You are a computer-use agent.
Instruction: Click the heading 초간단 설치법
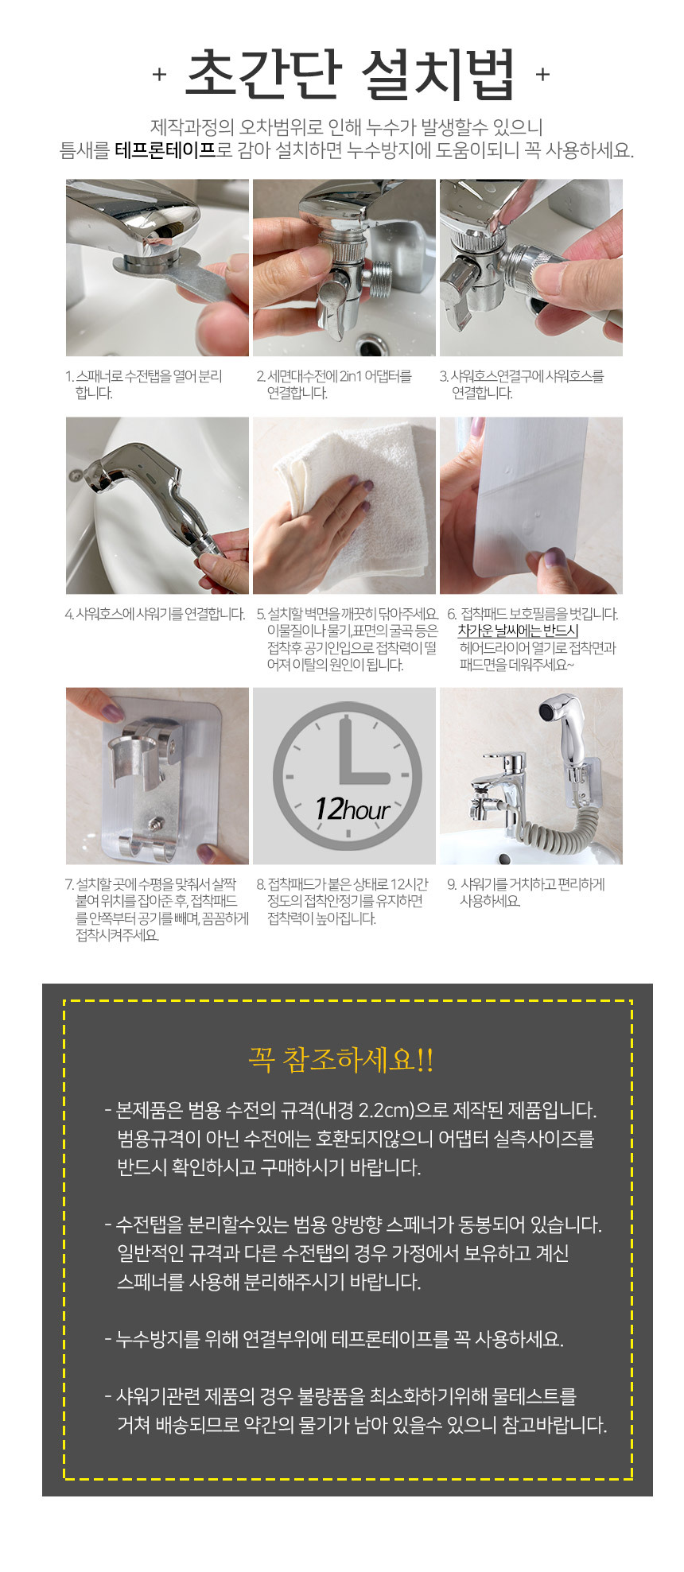click(x=350, y=75)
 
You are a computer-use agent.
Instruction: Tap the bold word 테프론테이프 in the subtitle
click(x=165, y=150)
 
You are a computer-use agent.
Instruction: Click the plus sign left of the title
click(x=159, y=75)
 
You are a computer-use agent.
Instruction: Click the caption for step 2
click(x=334, y=384)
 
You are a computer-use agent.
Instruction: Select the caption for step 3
click(x=522, y=384)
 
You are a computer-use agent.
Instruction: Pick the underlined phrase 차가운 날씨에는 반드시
click(x=518, y=631)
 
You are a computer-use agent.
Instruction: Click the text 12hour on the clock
click(x=352, y=809)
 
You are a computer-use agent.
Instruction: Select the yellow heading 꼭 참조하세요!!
click(x=341, y=1060)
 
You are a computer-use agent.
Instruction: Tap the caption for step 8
click(x=342, y=901)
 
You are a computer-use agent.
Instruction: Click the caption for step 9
click(x=526, y=892)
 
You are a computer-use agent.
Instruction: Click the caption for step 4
click(x=155, y=614)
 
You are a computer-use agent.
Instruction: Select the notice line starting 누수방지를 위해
click(x=334, y=1339)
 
